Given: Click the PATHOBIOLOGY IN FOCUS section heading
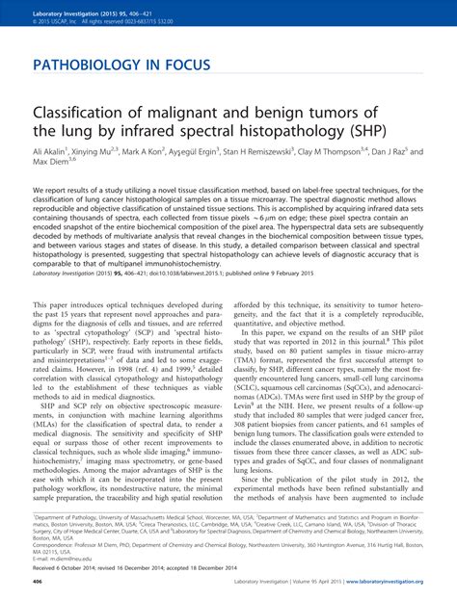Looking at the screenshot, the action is point(121,66).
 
